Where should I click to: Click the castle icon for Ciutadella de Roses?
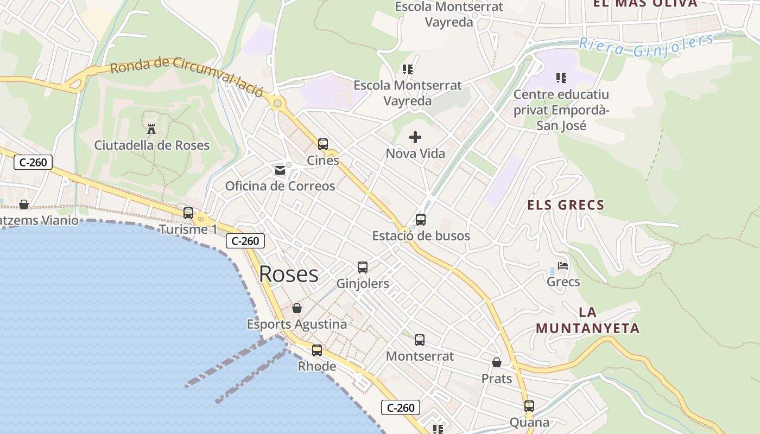tap(151, 129)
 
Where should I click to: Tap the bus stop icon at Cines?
tap(323, 144)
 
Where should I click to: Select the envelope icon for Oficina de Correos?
tap(280, 170)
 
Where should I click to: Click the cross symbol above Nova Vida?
tap(415, 137)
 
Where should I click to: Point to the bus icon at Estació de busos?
tap(421, 220)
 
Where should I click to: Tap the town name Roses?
tap(289, 274)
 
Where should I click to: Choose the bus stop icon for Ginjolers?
tap(363, 267)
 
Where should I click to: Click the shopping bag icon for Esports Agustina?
tap(297, 309)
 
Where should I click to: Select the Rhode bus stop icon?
tap(317, 350)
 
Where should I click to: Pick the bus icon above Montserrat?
tap(420, 340)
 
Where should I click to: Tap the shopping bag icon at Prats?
tap(497, 362)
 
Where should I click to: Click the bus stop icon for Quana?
tap(529, 406)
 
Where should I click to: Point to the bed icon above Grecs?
tap(563, 266)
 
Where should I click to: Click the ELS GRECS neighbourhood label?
tap(566, 205)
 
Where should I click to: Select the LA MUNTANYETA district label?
tap(588, 320)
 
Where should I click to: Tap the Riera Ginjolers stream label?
tap(646, 46)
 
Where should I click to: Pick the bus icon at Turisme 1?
tap(188, 213)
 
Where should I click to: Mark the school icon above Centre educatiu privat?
tap(561, 78)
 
